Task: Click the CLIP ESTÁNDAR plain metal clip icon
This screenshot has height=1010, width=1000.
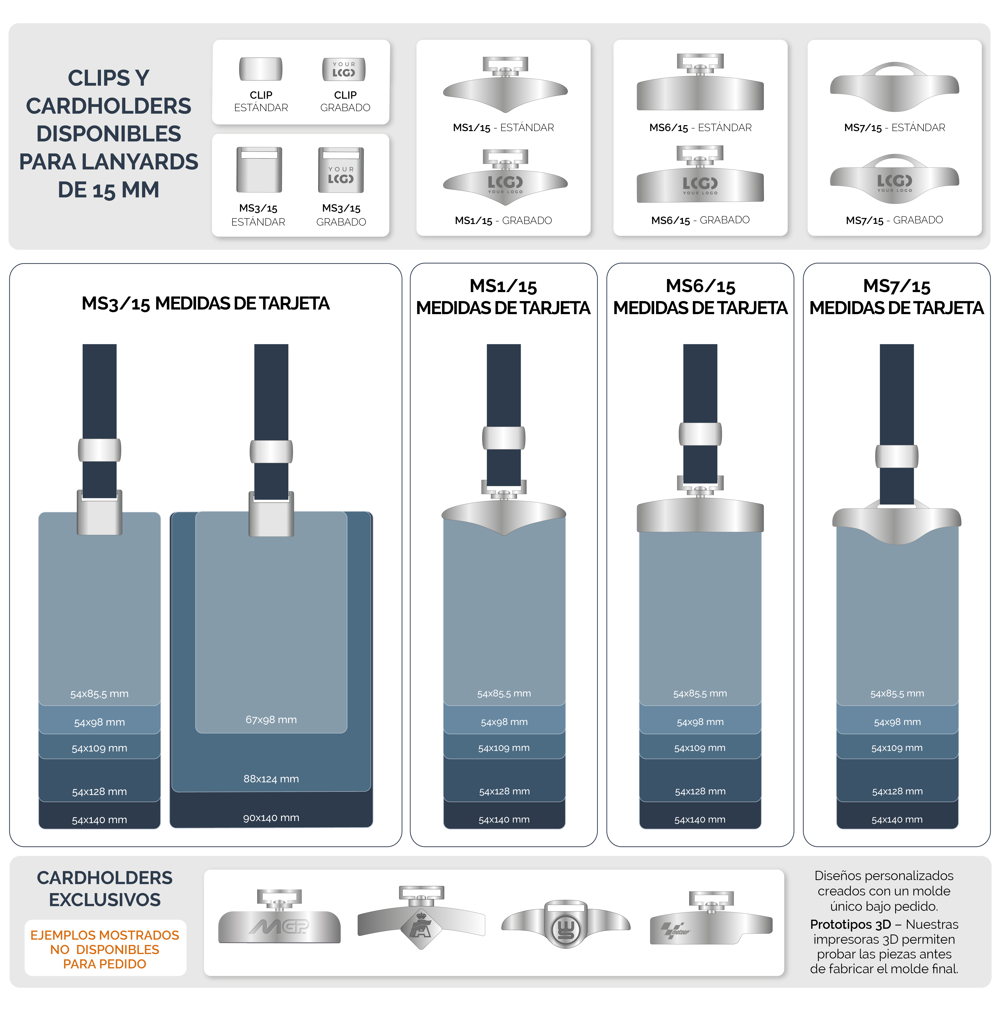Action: [x=260, y=69]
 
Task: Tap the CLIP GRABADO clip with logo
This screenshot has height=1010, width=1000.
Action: [x=343, y=69]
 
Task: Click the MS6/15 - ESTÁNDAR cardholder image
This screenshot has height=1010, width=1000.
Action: [x=700, y=84]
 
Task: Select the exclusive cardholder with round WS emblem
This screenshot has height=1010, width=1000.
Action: [x=566, y=925]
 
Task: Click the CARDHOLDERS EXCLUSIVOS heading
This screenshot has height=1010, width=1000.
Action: [x=105, y=889]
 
